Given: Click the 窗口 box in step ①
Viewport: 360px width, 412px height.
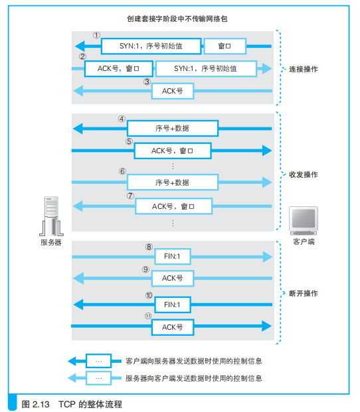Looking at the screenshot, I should (x=225, y=46).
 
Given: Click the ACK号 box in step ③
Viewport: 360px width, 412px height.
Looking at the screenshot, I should (x=172, y=91).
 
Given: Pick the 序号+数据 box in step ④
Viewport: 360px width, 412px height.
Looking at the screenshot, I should (x=172, y=128).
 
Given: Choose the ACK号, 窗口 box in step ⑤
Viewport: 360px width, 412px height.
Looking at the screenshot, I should (x=172, y=151).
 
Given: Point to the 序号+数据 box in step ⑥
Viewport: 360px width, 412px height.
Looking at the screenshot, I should (x=172, y=182).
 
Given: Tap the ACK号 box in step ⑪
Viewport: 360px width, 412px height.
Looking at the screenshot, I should (x=172, y=326).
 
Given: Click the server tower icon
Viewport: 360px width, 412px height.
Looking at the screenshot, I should (x=51, y=216).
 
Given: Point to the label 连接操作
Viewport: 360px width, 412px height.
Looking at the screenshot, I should (x=303, y=68).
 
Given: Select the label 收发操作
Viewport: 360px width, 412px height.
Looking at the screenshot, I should (x=303, y=174).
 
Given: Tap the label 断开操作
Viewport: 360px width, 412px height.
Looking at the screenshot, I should (x=303, y=293).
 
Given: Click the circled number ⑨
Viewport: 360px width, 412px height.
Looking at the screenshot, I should (x=145, y=269).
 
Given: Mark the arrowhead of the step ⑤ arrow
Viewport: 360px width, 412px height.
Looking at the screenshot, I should (x=267, y=151).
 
